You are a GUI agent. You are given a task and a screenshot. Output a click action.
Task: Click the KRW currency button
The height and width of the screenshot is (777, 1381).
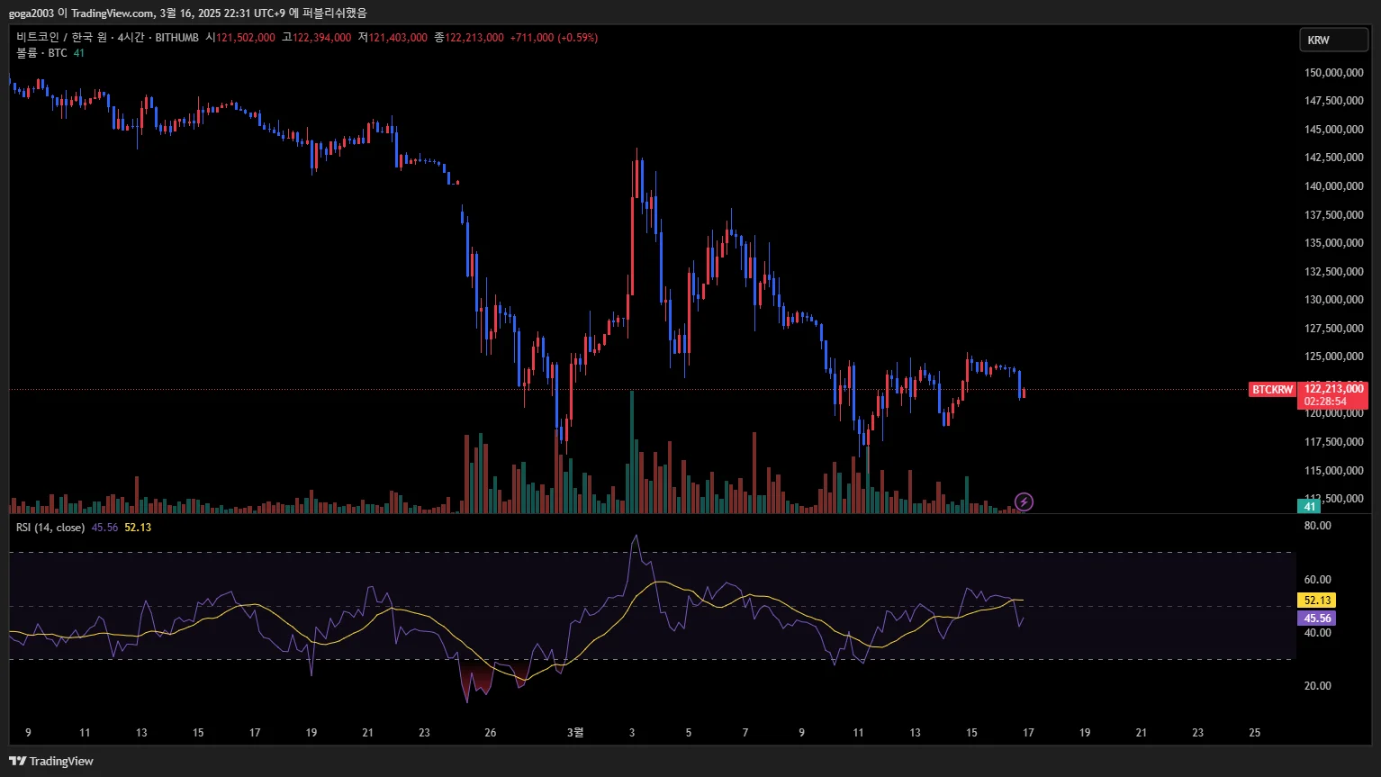click(x=1333, y=40)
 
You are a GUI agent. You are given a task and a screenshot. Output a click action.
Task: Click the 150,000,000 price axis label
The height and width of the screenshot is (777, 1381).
click(x=1333, y=73)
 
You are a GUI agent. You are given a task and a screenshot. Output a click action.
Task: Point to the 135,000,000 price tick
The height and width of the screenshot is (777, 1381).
click(x=1333, y=243)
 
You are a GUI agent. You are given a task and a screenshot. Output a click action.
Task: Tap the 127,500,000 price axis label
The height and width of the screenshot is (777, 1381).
click(x=1333, y=329)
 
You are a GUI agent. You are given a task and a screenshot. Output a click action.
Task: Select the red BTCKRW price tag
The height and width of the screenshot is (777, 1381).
click(x=1272, y=390)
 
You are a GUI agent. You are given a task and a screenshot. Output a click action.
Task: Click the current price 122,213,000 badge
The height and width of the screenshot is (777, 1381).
click(x=1332, y=390)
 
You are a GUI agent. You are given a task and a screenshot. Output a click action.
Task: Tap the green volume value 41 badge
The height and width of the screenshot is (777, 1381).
click(x=1309, y=507)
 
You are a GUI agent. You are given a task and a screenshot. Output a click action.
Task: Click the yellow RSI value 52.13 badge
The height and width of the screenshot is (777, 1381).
click(x=1316, y=601)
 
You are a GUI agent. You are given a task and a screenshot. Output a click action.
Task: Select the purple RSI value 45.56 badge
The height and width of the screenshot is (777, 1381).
click(x=1316, y=619)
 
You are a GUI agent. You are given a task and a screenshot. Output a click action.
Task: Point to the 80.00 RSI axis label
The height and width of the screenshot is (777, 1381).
click(x=1317, y=526)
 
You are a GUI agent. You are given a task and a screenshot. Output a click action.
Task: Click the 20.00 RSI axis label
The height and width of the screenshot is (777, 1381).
click(x=1317, y=686)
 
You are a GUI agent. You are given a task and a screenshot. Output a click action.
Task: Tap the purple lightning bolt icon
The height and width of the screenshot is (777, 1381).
click(x=1024, y=501)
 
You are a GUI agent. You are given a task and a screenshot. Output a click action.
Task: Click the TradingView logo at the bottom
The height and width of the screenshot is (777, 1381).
click(x=51, y=761)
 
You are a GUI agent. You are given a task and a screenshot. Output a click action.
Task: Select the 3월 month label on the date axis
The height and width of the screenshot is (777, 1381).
click(x=575, y=733)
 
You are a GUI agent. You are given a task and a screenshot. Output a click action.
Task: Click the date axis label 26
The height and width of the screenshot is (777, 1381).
click(x=490, y=733)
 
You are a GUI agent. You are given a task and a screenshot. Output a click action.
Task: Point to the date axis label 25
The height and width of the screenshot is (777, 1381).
click(x=1254, y=733)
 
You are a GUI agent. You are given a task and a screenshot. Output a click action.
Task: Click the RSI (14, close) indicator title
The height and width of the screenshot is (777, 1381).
click(x=50, y=528)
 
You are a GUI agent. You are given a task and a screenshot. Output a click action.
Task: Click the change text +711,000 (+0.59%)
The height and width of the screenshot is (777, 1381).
click(x=554, y=38)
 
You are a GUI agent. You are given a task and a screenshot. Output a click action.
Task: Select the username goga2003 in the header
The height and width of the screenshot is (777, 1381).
click(x=32, y=14)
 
